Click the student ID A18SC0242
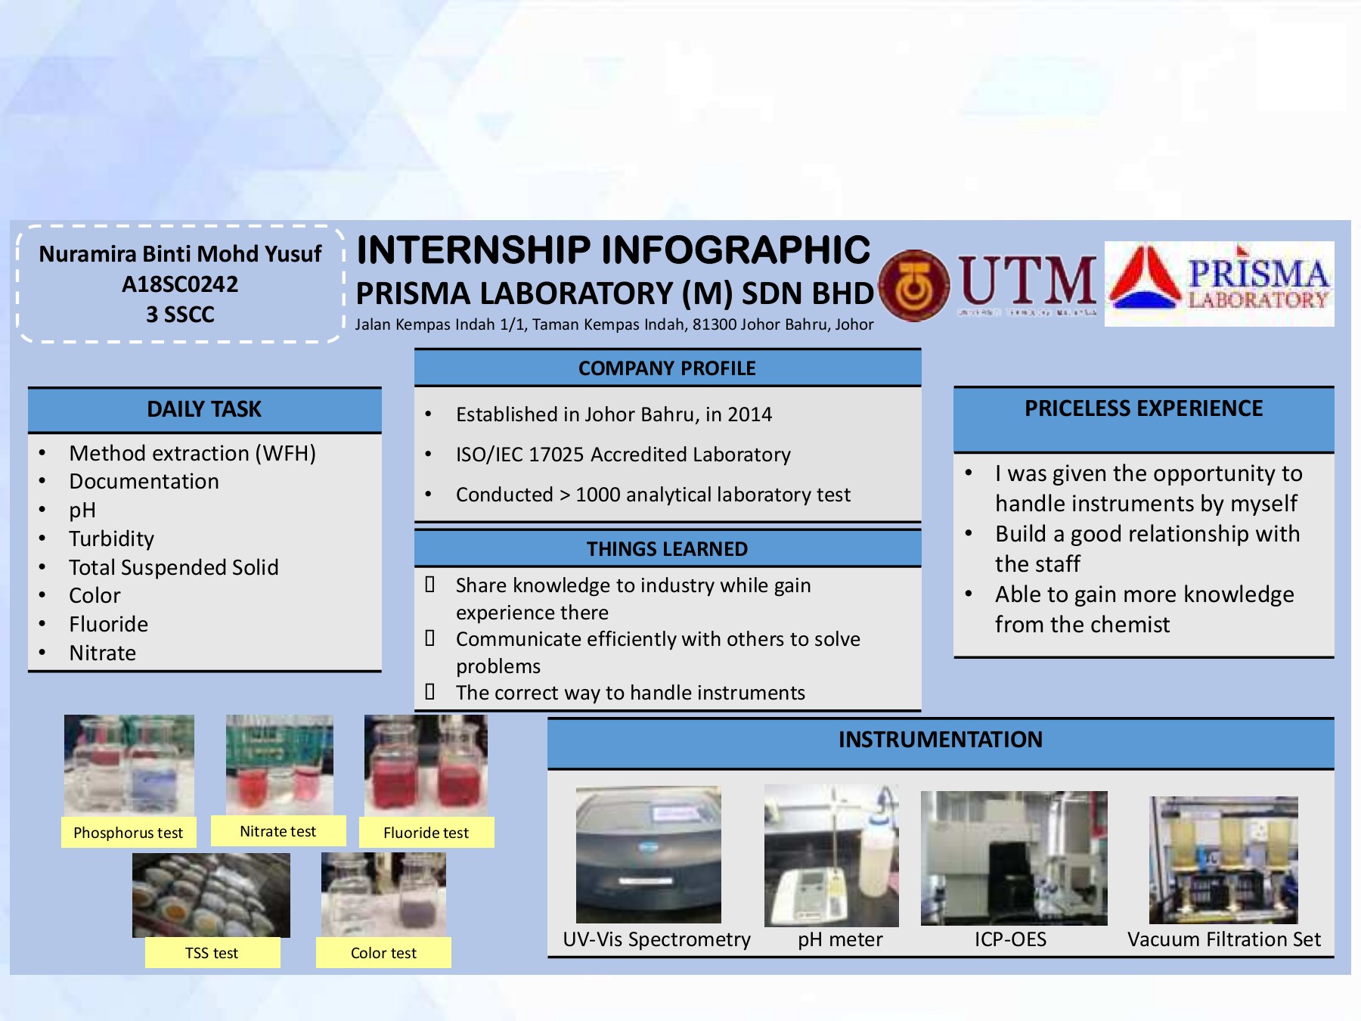click(180, 284)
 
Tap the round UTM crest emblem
click(914, 286)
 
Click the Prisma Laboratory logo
click(1219, 284)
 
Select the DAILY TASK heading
click(204, 409)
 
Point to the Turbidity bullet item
click(111, 538)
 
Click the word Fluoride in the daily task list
click(108, 624)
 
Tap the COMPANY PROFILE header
click(667, 368)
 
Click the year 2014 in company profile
click(749, 414)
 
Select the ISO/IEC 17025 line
click(623, 455)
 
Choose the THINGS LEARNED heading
click(667, 549)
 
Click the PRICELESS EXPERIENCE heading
click(1143, 408)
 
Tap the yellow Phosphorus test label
click(129, 833)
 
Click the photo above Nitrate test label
click(279, 764)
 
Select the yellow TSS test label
click(212, 953)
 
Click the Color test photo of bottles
click(383, 894)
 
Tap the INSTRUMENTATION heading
click(940, 740)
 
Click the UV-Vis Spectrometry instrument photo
click(648, 855)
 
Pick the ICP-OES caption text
click(1010, 939)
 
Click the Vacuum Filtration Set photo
click(1223, 860)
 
